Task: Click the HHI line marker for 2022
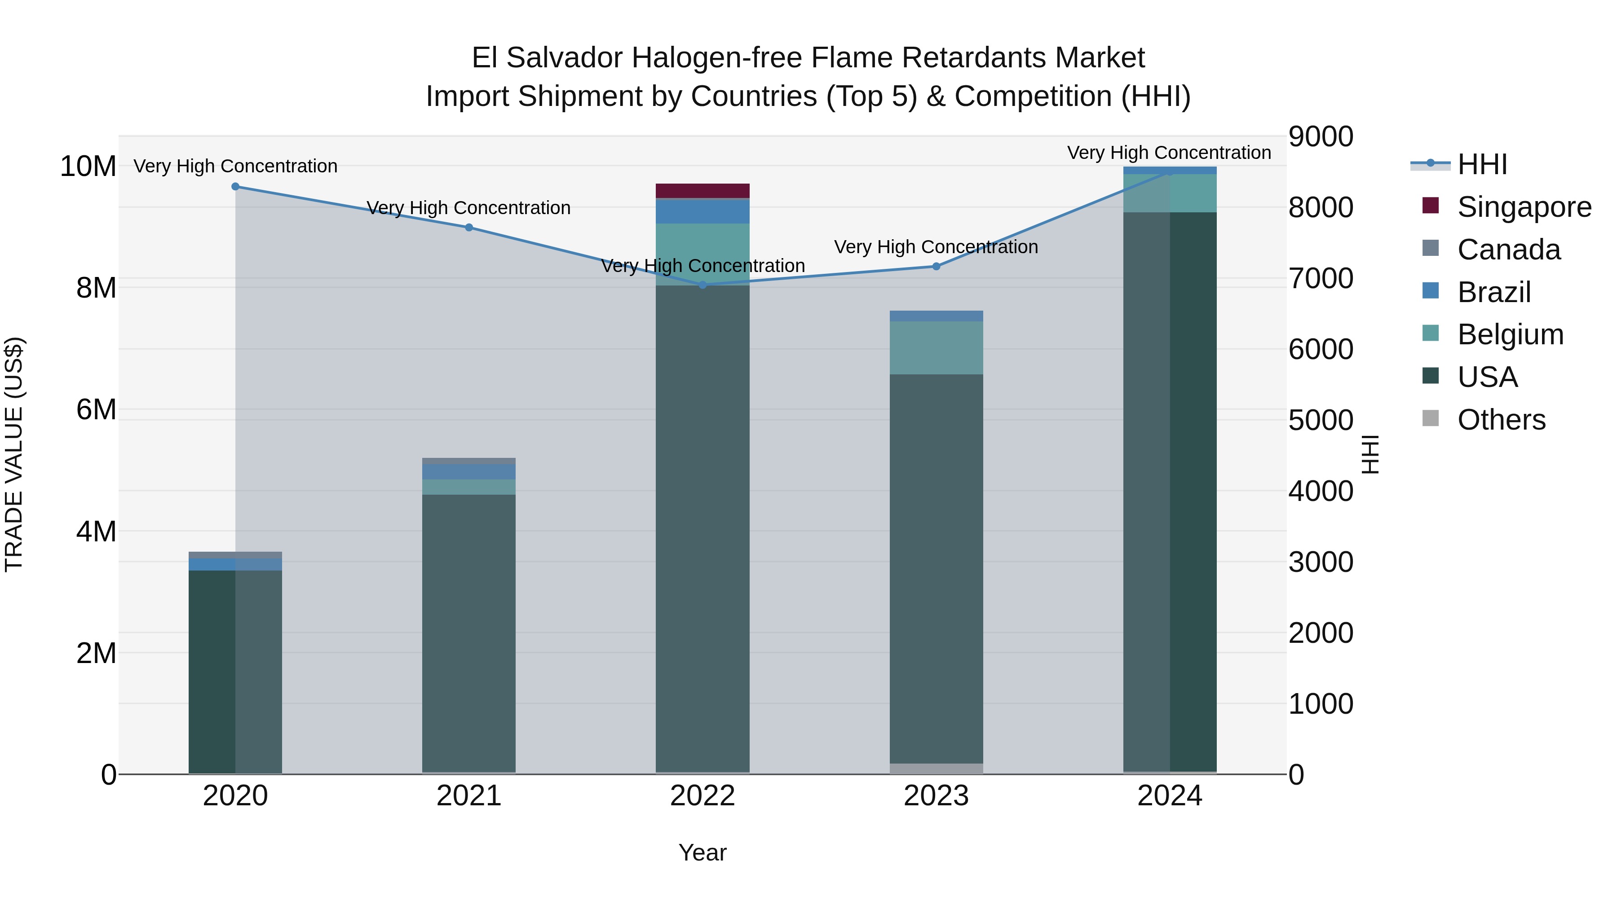[x=702, y=285]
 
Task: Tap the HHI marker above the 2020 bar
[x=235, y=186]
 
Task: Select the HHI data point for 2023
[x=936, y=266]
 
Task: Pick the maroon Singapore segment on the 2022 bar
[x=702, y=191]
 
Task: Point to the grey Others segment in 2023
[x=936, y=768]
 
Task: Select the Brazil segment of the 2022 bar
[x=702, y=211]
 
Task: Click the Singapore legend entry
[x=1524, y=206]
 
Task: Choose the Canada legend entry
[x=1508, y=249]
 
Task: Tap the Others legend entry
[x=1501, y=419]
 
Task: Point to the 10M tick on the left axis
[x=88, y=166]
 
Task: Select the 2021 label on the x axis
[x=469, y=796]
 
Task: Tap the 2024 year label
[x=1170, y=796]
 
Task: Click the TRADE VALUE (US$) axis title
[x=14, y=454]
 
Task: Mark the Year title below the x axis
[x=702, y=852]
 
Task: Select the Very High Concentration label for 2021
[x=469, y=208]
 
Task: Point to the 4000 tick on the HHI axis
[x=1321, y=491]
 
